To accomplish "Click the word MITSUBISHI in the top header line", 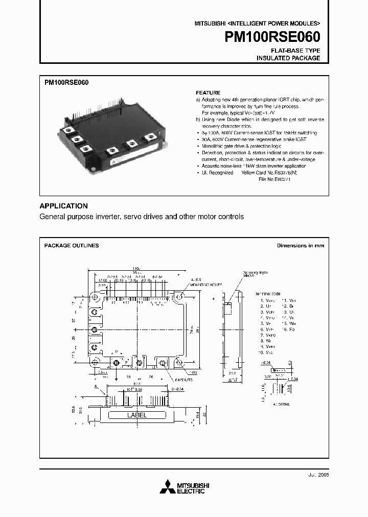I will pyautogui.click(x=209, y=24).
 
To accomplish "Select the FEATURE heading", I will pyautogui.click(x=208, y=93).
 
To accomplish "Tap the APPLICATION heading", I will pyautogui.click(x=63, y=206).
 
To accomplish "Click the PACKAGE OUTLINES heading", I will pyautogui.click(x=72, y=246).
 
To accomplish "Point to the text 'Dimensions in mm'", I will pyautogui.click(x=301, y=246).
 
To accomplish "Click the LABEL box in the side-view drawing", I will pyautogui.click(x=136, y=415).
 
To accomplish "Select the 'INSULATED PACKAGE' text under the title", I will pyautogui.click(x=288, y=58).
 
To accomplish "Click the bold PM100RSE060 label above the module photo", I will pyautogui.click(x=67, y=82).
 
